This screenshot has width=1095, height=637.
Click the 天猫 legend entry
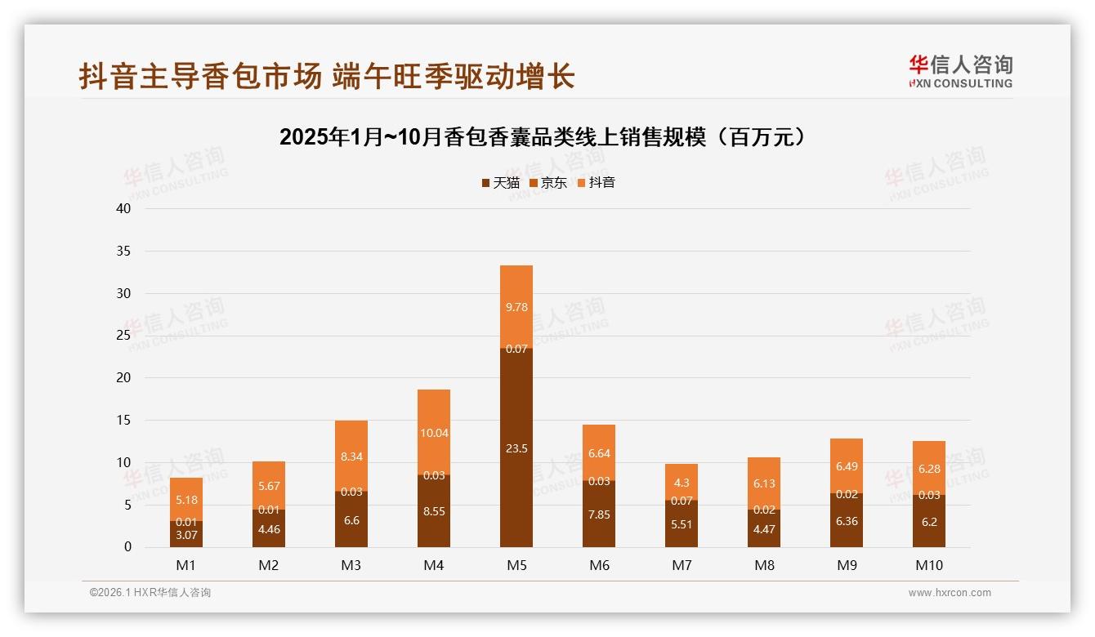click(x=500, y=183)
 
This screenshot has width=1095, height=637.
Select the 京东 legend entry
click(x=547, y=183)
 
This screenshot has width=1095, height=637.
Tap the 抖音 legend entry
click(x=596, y=183)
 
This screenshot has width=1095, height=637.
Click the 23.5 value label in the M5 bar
click(x=516, y=448)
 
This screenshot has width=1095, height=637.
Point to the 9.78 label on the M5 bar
click(x=516, y=307)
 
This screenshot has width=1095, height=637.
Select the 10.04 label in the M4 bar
click(x=434, y=433)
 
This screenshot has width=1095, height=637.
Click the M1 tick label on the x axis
click(x=186, y=565)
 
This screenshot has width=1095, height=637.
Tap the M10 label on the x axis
click(x=929, y=565)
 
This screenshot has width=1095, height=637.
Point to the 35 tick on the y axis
click(x=123, y=251)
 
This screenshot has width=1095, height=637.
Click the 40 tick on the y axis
click(x=123, y=208)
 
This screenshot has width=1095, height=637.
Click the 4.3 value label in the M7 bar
click(x=682, y=483)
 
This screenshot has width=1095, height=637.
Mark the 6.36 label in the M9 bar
click(x=847, y=521)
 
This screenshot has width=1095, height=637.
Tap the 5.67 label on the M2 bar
click(x=269, y=486)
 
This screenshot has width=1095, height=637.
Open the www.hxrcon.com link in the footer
click(x=950, y=593)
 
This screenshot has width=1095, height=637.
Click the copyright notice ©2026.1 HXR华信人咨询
click(x=150, y=593)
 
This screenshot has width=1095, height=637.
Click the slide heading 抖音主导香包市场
click(x=200, y=77)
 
